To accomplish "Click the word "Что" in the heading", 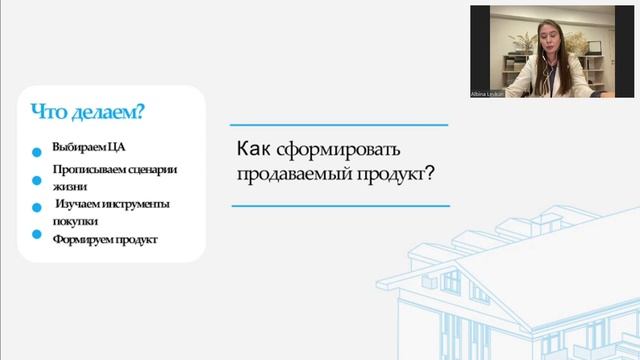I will pyautogui.click(x=47, y=111).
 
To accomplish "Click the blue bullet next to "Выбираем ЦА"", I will pyautogui.click(x=37, y=153).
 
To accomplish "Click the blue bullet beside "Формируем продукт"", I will pyautogui.click(x=37, y=236).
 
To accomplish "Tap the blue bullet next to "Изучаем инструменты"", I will pyautogui.click(x=37, y=208).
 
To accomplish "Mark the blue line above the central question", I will pyautogui.click(x=339, y=125).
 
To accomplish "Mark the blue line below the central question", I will pyautogui.click(x=339, y=205).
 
